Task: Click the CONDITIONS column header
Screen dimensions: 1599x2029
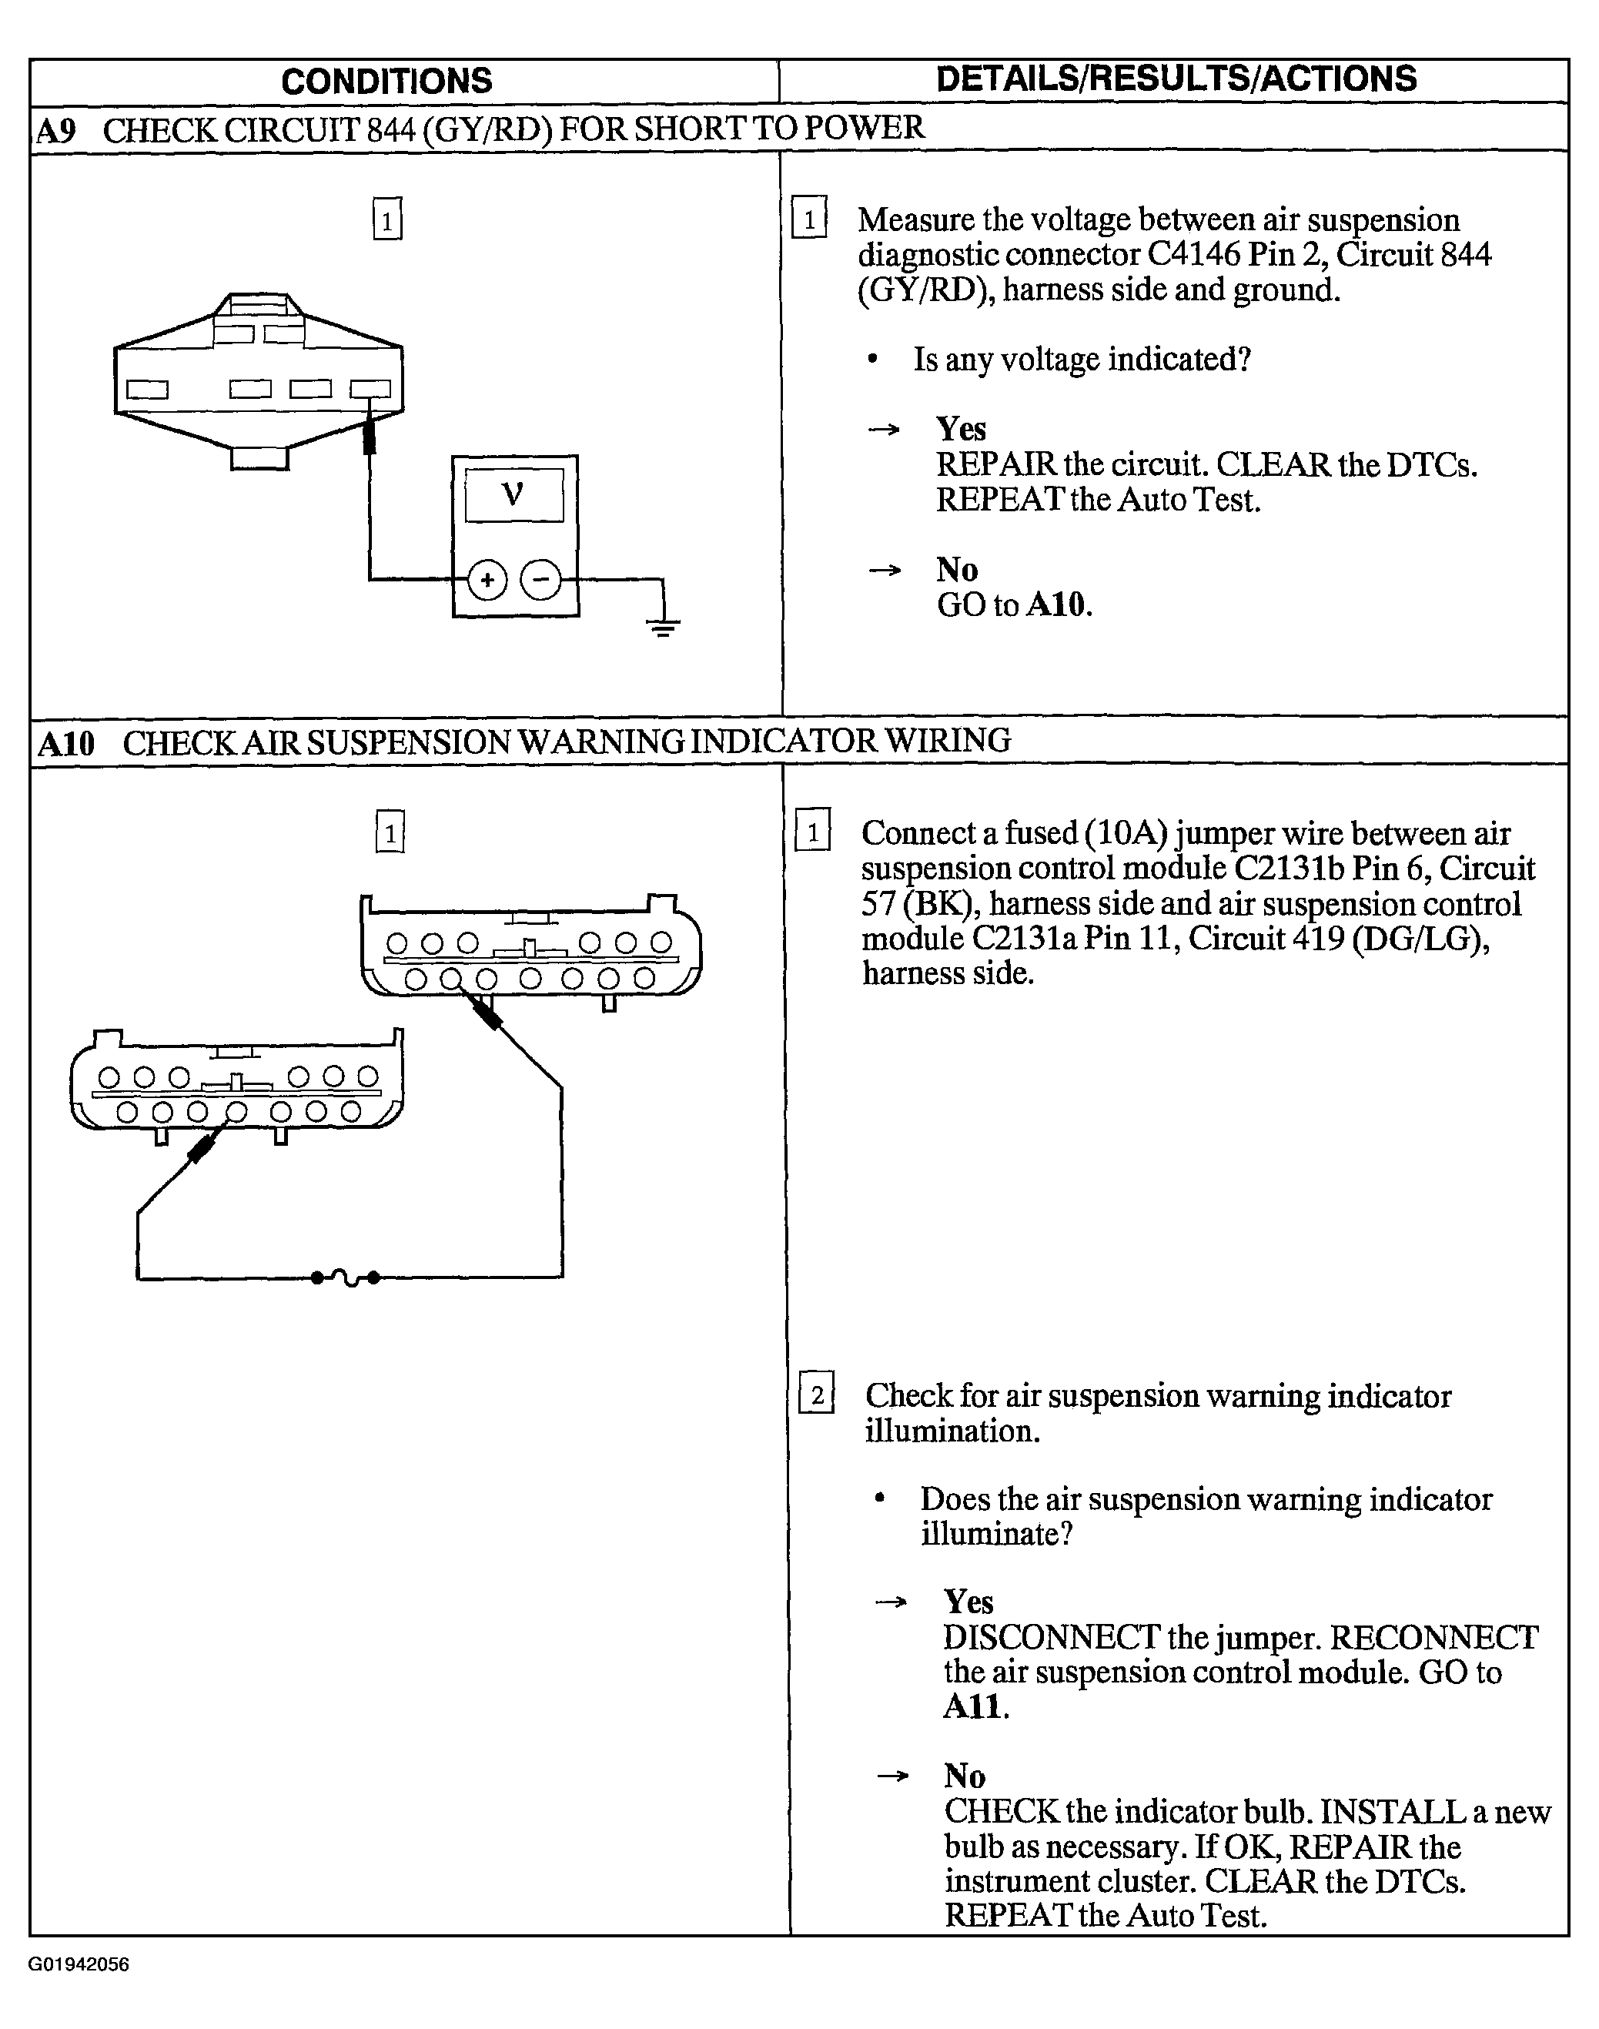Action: (386, 82)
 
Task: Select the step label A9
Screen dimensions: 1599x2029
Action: (56, 130)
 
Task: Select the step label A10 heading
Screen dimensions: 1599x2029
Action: (66, 742)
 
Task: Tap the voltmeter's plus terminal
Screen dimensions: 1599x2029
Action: (487, 580)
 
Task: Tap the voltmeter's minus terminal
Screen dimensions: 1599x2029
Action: (541, 580)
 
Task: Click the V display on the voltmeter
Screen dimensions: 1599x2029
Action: (514, 494)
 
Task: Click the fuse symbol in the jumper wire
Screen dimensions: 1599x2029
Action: (346, 1276)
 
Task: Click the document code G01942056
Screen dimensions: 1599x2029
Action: (79, 1964)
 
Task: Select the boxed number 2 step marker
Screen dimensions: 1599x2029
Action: (816, 1396)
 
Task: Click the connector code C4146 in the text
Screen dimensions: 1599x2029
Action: (1193, 254)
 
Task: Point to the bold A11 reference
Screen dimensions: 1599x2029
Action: (975, 1706)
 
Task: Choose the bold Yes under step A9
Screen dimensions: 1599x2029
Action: (962, 429)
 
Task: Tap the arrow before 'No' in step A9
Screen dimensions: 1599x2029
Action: (885, 569)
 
